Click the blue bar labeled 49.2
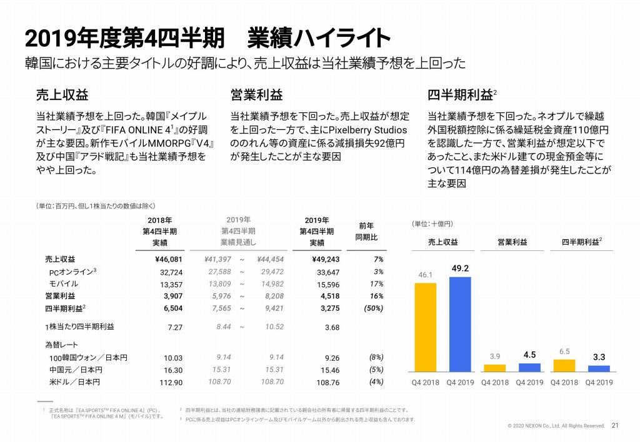(x=460, y=324)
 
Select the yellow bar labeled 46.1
(x=426, y=327)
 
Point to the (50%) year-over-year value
(x=373, y=307)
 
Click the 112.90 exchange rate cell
(x=170, y=381)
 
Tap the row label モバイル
(x=63, y=284)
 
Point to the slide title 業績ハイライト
(x=318, y=38)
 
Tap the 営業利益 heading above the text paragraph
(x=257, y=95)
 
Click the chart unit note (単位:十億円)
(x=432, y=223)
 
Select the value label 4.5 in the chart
(x=531, y=355)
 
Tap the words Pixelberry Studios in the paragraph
(x=368, y=130)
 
